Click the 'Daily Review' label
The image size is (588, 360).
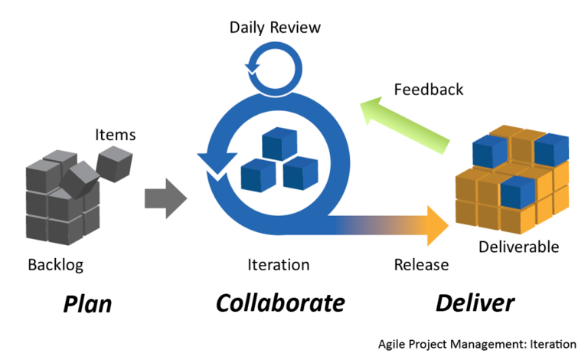tap(275, 28)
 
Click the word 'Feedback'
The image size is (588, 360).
tap(429, 90)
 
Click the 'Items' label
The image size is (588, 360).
tap(115, 135)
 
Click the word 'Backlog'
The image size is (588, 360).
tap(55, 265)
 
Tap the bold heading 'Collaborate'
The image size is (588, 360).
tap(279, 303)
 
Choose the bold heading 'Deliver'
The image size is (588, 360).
tap(475, 303)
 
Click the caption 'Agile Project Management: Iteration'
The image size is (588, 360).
tap(477, 344)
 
